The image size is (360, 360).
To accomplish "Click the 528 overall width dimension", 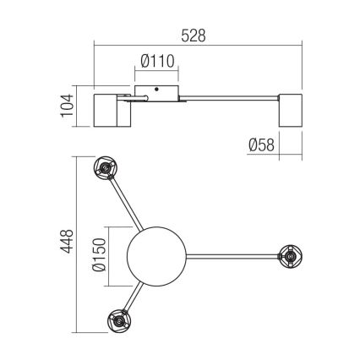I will (x=193, y=36).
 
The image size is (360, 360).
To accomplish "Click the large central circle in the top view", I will (x=155, y=252).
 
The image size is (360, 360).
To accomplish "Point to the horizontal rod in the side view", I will (x=228, y=101).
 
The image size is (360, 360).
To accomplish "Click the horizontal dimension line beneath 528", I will (x=193, y=48).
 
